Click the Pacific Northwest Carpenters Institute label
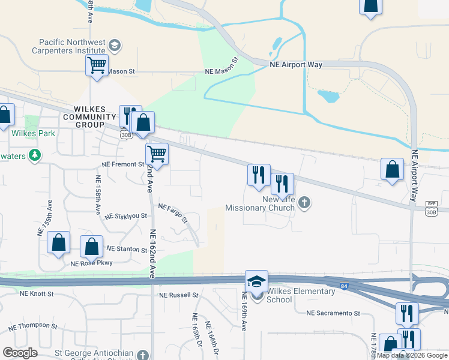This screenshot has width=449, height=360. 72,47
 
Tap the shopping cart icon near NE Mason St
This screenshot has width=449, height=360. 97,65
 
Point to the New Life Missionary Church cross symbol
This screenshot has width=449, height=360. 304,202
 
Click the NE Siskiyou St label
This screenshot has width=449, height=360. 125,216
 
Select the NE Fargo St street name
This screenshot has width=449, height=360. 173,211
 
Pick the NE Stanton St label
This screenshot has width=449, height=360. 127,248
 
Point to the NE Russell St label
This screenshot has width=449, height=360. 178,295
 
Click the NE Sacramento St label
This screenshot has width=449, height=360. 333,313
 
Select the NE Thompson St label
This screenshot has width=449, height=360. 33,327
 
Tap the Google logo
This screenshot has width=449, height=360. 20,352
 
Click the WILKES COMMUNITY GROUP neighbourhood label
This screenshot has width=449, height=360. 89,116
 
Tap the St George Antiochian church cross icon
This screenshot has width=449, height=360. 142,355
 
